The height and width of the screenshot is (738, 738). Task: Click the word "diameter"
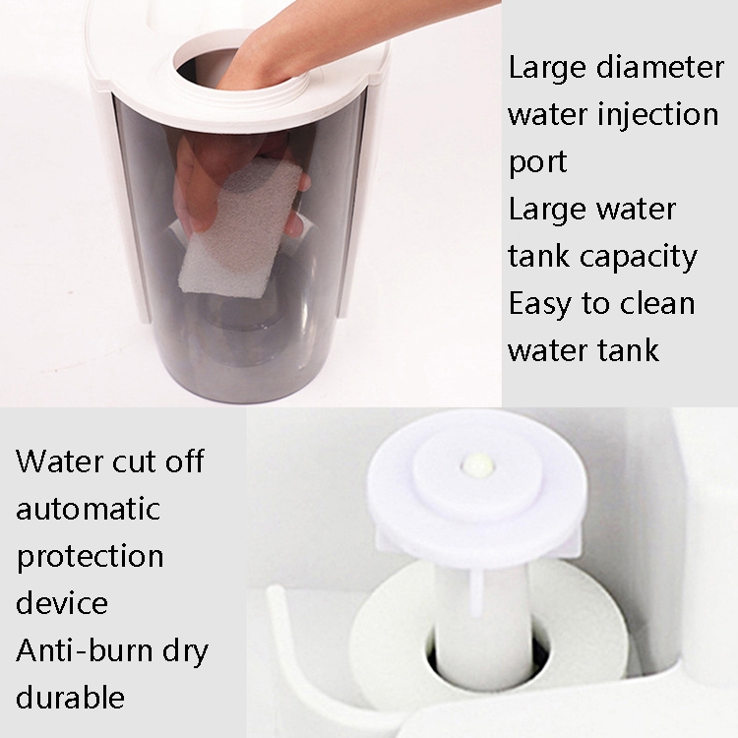click(660, 67)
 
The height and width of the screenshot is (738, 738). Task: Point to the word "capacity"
click(639, 258)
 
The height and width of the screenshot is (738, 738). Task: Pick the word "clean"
click(657, 303)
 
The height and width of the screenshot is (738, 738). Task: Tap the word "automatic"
click(88, 509)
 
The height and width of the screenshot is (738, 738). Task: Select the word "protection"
click(90, 557)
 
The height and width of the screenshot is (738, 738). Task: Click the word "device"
click(62, 602)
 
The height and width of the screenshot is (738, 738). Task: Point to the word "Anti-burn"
click(85, 650)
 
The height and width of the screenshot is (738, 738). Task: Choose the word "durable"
click(70, 697)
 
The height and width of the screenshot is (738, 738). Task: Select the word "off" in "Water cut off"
click(185, 461)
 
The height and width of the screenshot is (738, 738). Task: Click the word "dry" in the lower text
click(185, 651)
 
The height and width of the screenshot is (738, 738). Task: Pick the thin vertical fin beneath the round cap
click(475, 593)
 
